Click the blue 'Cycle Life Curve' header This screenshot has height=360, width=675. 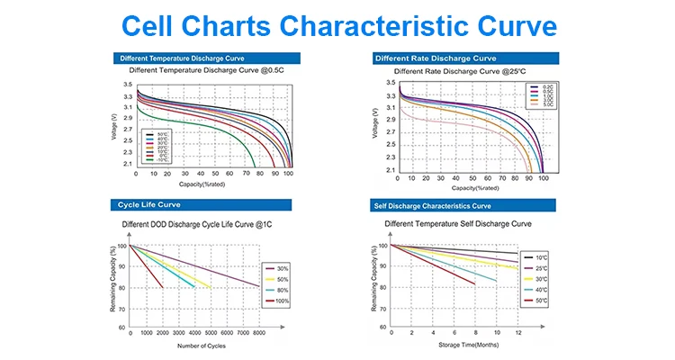pyautogui.click(x=145, y=205)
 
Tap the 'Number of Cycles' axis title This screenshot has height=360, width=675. pyautogui.click(x=201, y=345)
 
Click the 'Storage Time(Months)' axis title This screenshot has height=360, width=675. pyautogui.click(x=455, y=345)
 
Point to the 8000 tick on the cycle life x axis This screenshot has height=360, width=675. pyautogui.click(x=259, y=333)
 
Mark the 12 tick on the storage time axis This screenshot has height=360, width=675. pyautogui.click(x=517, y=333)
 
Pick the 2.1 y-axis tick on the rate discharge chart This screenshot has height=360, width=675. pyautogui.click(x=390, y=169)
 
